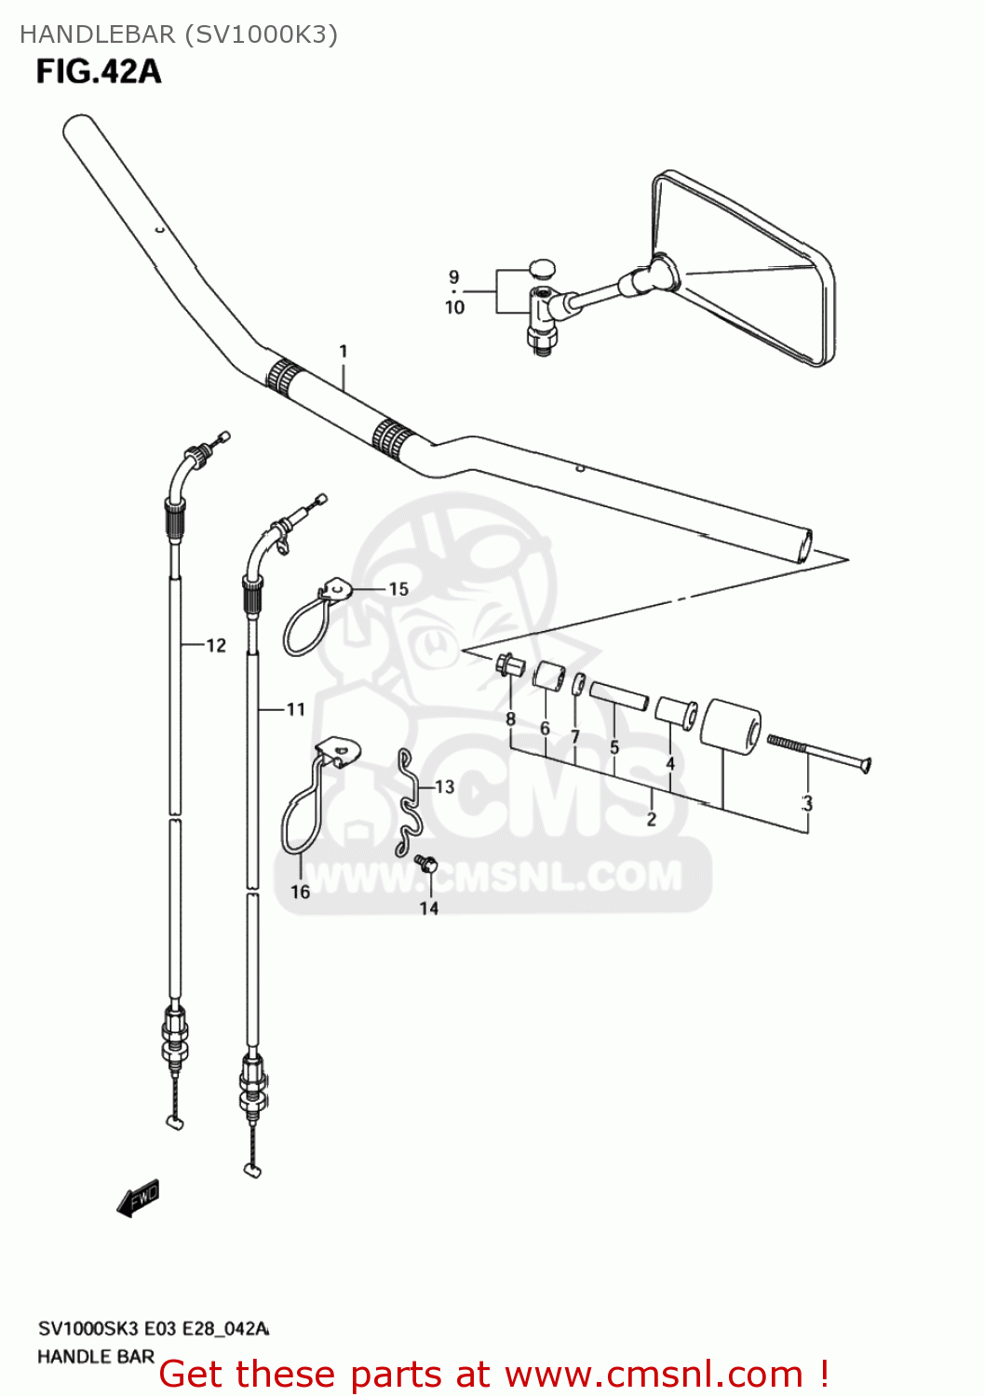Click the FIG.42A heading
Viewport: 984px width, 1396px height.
coord(99,72)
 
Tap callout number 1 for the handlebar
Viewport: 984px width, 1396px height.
coord(344,352)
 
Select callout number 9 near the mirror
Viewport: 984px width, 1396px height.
coord(454,276)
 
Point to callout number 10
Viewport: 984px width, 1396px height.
coord(454,307)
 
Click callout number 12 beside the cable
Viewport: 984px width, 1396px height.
coord(216,645)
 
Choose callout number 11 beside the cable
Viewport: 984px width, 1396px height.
coord(296,709)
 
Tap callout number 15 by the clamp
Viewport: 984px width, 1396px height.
coord(398,589)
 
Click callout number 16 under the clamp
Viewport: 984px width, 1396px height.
coord(300,892)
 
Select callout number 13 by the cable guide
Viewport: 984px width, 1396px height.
coord(444,787)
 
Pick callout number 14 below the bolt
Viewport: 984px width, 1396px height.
coord(428,907)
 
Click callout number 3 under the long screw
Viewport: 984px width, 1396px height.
coord(807,803)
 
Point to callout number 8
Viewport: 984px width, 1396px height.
coord(510,718)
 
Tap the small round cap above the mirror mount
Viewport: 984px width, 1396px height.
coord(541,269)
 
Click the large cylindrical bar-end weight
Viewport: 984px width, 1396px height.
coord(731,728)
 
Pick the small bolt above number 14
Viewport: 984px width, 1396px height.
coord(426,864)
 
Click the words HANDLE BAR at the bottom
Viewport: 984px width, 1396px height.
coord(96,1357)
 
